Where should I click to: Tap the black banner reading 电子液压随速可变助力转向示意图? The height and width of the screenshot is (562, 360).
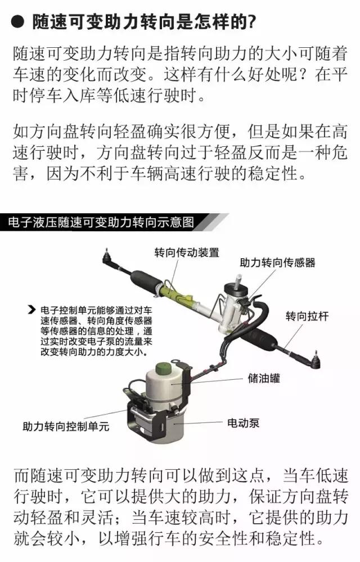[x=104, y=222]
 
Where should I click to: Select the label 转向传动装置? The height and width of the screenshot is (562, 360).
[x=187, y=253]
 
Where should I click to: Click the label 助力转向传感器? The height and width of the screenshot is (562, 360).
[x=277, y=263]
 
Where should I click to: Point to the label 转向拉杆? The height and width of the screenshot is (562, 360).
[x=307, y=316]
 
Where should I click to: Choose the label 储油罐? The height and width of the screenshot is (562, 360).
[x=264, y=378]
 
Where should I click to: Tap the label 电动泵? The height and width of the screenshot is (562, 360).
[x=243, y=423]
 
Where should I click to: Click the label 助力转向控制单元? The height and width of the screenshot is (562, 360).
[x=66, y=426]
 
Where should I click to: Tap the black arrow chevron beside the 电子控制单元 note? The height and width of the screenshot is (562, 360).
[x=32, y=310]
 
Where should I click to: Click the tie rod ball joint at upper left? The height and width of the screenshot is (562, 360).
[x=107, y=257]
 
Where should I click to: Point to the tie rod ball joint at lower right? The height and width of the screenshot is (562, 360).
[x=315, y=360]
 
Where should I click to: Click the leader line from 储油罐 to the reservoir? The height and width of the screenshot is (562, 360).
[x=208, y=381]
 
